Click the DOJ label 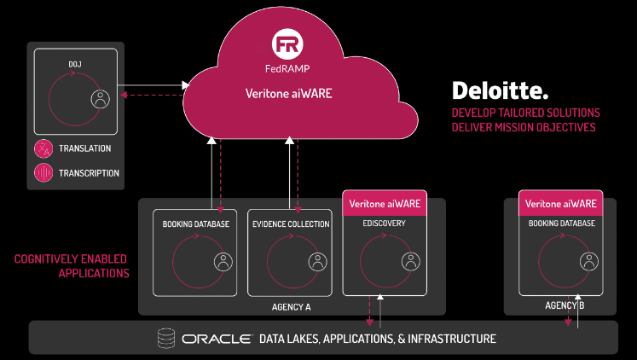coord(75,64)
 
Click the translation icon coord(43,148)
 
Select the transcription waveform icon coord(43,172)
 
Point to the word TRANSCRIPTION coord(89,173)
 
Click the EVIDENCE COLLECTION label coord(291,224)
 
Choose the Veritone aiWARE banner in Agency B coord(560,204)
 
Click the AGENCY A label coord(292,305)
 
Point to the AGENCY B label coord(565,305)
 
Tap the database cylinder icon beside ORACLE coord(165,339)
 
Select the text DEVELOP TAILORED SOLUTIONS coord(525,113)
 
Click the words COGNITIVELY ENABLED coord(72,258)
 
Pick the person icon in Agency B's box coord(587,261)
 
